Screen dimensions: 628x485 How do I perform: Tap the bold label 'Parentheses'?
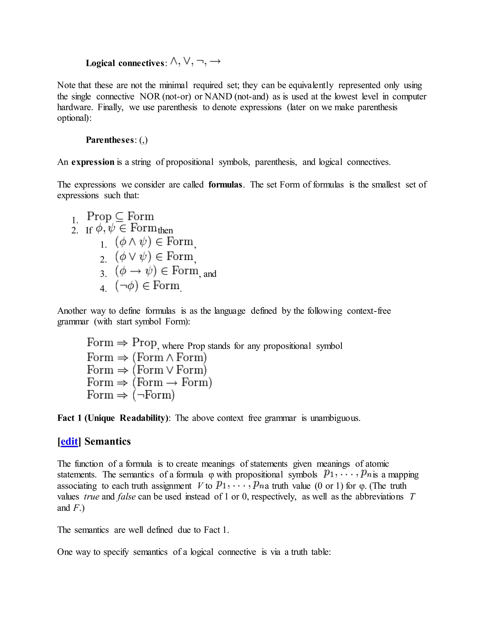coord(110,140)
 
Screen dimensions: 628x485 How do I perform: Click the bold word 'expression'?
coord(93,162)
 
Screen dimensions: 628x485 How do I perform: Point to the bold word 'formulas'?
coord(225,184)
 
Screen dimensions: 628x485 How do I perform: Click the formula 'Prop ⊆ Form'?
coord(120,216)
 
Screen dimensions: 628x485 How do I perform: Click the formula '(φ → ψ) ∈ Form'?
coord(157,271)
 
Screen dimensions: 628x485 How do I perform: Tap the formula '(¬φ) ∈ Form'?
coord(147,286)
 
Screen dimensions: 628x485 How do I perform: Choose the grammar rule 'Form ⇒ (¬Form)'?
coord(131,395)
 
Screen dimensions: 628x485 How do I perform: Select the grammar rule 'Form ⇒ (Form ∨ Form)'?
coord(147,370)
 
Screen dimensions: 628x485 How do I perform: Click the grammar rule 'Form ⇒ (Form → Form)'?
coord(149,382)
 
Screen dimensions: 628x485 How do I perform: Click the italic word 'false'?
coord(126,496)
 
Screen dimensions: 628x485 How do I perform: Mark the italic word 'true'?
coord(91,496)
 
